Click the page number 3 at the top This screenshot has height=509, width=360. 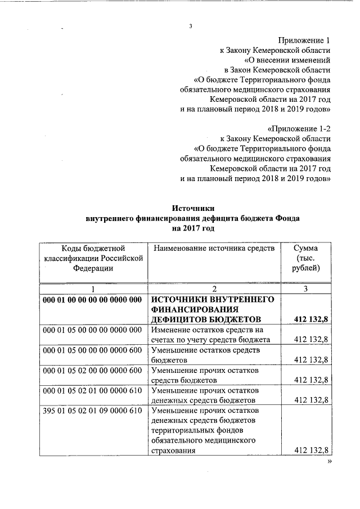pyautogui.click(x=191, y=26)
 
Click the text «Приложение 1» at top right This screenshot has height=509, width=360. pyautogui.click(x=304, y=40)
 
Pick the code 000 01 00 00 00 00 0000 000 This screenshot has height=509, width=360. pyautogui.click(x=92, y=299)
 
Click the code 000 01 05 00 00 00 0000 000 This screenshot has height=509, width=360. pyautogui.click(x=92, y=330)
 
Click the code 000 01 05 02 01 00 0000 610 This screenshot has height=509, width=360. pyautogui.click(x=92, y=390)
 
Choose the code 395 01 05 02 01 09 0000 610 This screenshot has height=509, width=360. pyautogui.click(x=92, y=411)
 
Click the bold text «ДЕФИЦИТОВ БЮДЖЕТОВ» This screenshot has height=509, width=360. pyautogui.click(x=204, y=319)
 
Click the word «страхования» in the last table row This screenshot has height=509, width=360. pyautogui.click(x=174, y=451)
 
